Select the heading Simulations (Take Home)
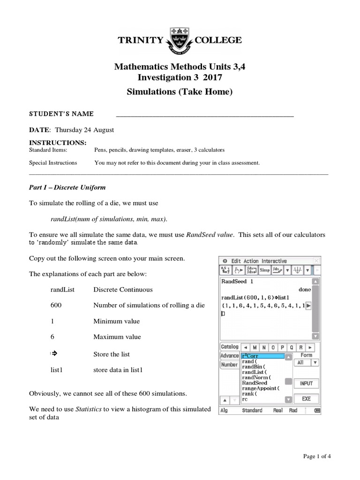click(180, 92)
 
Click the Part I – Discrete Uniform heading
click(67, 187)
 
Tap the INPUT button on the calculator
click(306, 383)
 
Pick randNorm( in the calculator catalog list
click(256, 377)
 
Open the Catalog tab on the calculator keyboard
click(230, 347)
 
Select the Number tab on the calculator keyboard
click(229, 365)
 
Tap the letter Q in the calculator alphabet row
click(292, 347)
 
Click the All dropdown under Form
click(307, 363)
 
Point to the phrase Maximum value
click(117, 337)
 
